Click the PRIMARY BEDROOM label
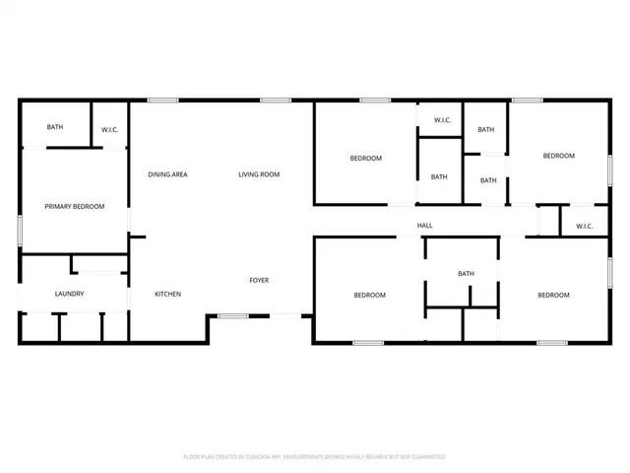click(74, 206)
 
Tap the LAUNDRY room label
click(69, 294)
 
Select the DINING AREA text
click(167, 174)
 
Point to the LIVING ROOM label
click(259, 174)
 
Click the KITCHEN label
click(167, 294)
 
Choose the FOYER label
click(259, 280)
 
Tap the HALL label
click(425, 226)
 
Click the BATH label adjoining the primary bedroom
click(55, 127)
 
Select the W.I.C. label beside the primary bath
click(110, 129)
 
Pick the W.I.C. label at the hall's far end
click(584, 226)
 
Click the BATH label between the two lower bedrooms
click(466, 274)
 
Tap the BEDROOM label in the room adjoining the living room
click(366, 158)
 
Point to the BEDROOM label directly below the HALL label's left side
click(370, 295)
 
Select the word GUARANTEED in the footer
click(426, 457)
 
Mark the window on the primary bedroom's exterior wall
click(21, 229)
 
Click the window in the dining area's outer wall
click(162, 100)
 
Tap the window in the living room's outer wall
click(275, 100)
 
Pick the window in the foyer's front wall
click(232, 315)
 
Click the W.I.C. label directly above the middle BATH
click(442, 121)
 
